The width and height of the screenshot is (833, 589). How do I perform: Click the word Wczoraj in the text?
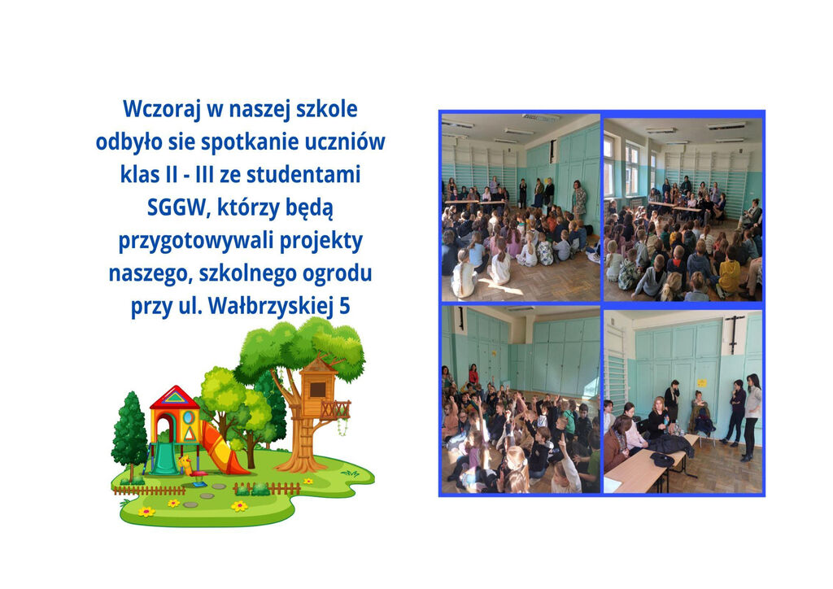(161, 109)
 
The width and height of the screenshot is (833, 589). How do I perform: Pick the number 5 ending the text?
(344, 307)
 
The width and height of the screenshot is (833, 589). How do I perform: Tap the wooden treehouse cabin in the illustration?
(318, 385)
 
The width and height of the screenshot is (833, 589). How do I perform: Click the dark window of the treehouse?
(318, 389)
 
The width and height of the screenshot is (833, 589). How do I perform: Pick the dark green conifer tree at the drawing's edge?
(129, 431)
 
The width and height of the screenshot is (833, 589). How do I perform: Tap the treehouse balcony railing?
(335, 410)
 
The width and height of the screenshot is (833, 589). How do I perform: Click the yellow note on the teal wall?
(702, 383)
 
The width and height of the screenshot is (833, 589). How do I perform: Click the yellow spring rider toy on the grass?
(186, 466)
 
